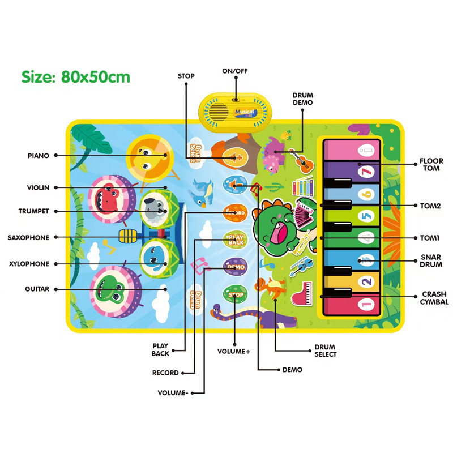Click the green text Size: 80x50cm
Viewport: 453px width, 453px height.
[76, 76]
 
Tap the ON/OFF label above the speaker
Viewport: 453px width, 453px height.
[235, 71]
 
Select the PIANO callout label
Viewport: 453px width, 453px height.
[39, 155]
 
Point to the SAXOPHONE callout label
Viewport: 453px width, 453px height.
[28, 238]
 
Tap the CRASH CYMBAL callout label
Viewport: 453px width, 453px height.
[435, 298]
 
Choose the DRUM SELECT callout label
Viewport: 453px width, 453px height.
[326, 351]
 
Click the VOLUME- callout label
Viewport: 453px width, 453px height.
[174, 392]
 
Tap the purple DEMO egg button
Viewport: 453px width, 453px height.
[234, 266]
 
